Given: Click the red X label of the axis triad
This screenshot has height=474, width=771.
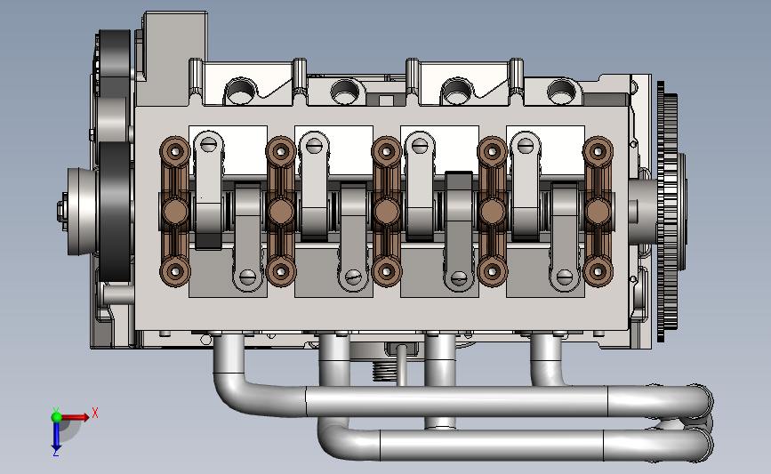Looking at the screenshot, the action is point(95,413).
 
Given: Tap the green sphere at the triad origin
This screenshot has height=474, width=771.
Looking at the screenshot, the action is point(56,417).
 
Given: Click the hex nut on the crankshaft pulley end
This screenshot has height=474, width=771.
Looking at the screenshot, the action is point(61,210).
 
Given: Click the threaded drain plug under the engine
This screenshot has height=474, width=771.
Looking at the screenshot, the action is point(384,370).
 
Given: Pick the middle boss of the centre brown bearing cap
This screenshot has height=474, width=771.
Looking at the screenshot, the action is point(387,211).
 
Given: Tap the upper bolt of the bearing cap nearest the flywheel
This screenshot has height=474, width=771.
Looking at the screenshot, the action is point(598,151).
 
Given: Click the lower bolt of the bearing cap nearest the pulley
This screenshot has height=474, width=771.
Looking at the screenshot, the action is point(174,271).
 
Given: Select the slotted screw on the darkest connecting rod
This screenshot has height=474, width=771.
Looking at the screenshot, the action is point(459,278).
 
